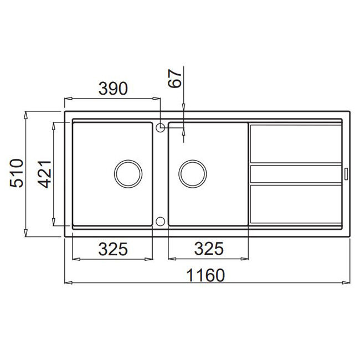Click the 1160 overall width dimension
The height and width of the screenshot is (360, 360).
pos(205,275)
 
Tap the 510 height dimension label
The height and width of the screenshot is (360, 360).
pos(17,173)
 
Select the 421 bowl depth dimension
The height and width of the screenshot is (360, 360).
pos(44,174)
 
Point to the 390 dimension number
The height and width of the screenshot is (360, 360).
pos(113,89)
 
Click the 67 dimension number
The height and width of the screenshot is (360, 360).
pos(174,79)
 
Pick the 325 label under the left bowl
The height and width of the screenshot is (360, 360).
pos(113,249)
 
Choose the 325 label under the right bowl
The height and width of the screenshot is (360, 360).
pos(209,249)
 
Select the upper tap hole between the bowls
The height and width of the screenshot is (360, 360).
pos(160,127)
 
